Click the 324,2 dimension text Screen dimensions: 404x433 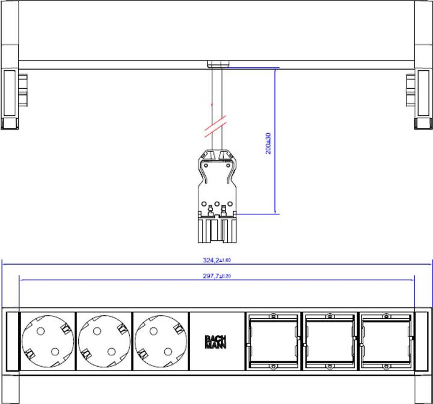click(x=216, y=261)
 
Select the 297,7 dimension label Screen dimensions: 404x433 click(x=216, y=276)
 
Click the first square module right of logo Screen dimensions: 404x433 click(x=273, y=341)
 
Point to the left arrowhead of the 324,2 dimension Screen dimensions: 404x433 click(x=4, y=264)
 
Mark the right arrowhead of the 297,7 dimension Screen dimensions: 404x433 click(x=413, y=279)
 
